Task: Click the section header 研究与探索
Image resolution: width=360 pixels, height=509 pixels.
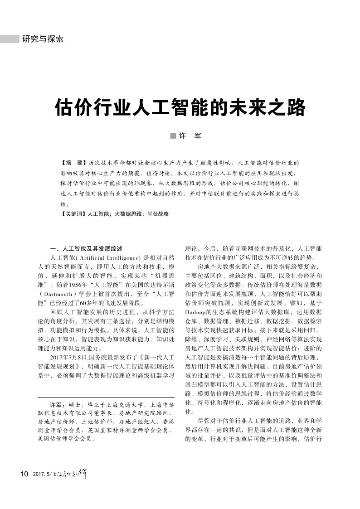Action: click(43, 39)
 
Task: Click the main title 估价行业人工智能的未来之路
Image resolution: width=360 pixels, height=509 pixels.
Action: click(180, 108)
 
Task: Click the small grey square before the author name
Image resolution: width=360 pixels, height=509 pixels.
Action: click(172, 136)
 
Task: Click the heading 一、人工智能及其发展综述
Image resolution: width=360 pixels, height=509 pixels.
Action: click(86, 249)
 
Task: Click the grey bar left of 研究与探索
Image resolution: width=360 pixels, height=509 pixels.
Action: click(10, 39)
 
